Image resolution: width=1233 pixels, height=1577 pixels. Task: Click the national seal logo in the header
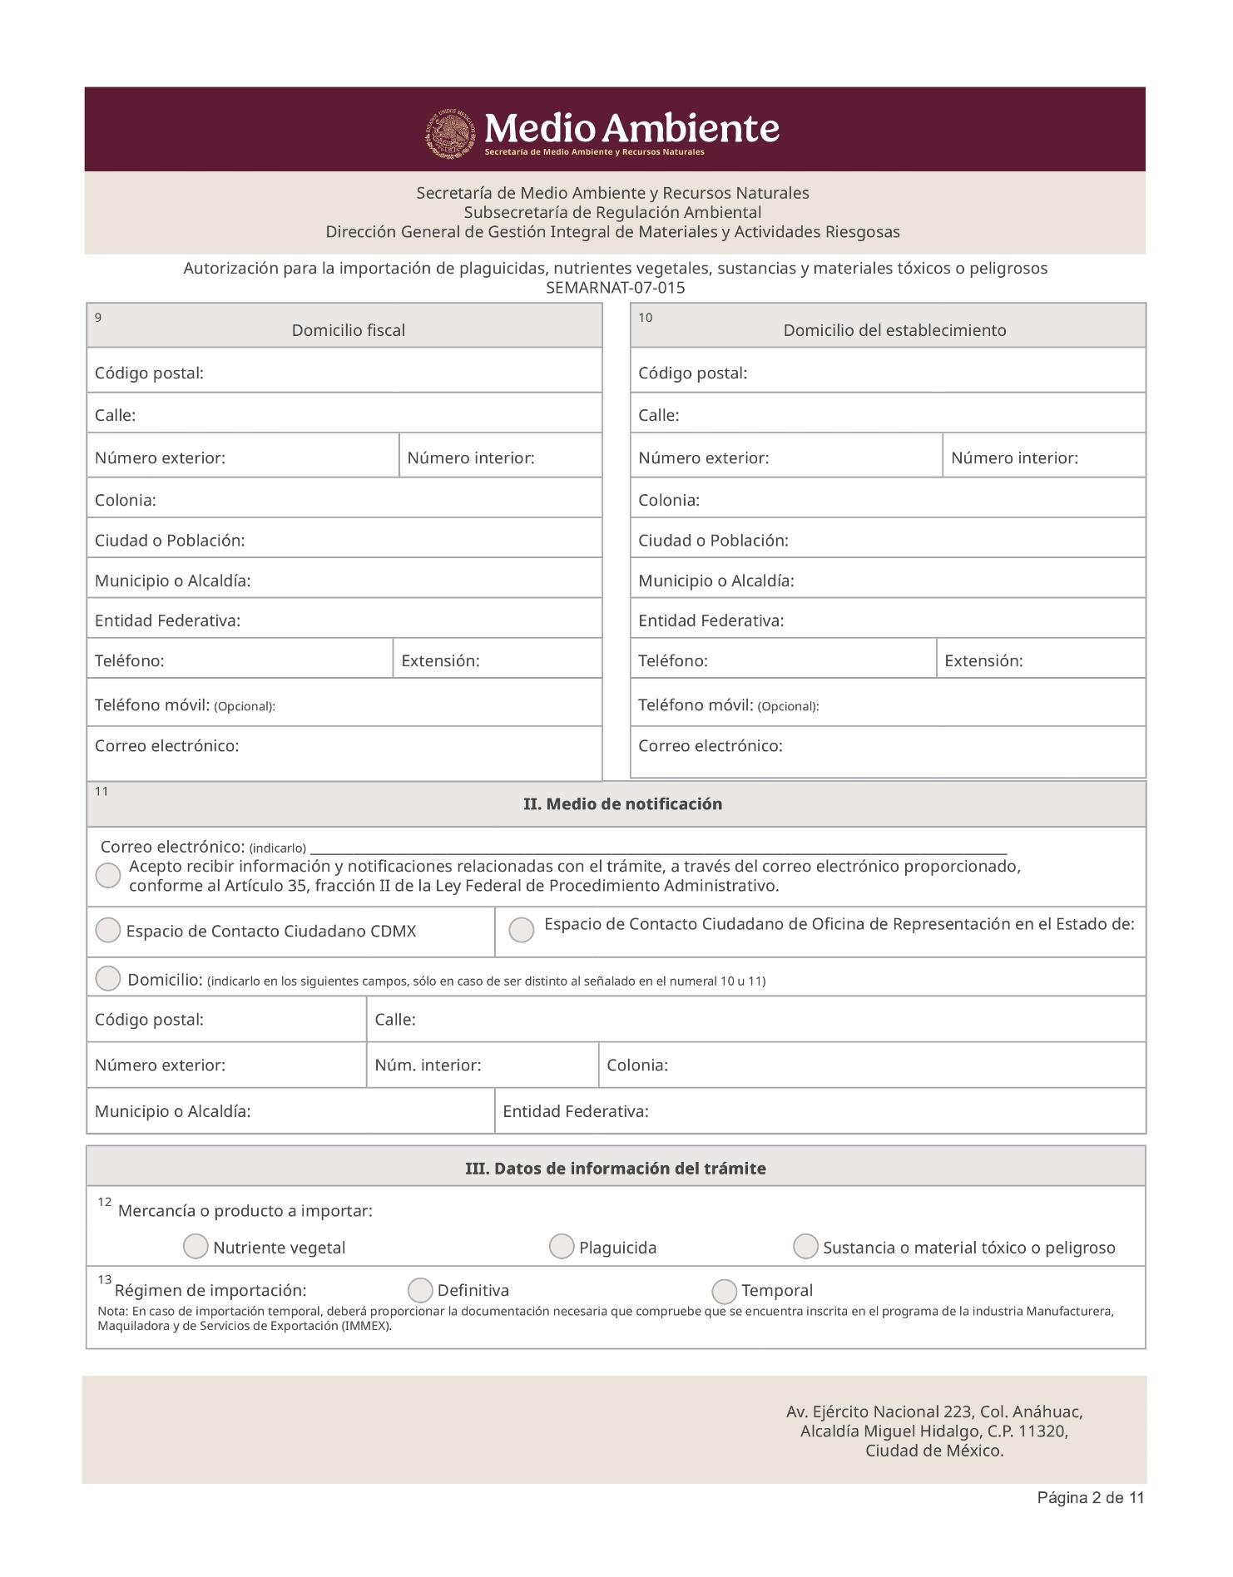coord(453,133)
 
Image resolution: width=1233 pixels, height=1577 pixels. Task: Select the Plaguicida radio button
coord(562,1246)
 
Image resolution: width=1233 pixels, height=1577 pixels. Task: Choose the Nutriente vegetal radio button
coord(196,1246)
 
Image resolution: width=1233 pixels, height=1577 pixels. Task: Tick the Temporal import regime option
coord(725,1291)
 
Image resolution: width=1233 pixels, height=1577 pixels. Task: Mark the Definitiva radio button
coord(420,1290)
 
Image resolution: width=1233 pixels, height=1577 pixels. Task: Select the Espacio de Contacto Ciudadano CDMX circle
coord(108,930)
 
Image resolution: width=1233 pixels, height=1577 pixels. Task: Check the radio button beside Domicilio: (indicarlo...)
coord(108,978)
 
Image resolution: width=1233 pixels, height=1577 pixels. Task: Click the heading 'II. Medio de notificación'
coord(622,804)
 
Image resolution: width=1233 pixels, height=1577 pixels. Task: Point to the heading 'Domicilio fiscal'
coord(348,330)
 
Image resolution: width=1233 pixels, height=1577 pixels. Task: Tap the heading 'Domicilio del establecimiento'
coord(894,330)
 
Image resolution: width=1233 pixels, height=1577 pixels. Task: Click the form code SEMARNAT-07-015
coord(615,288)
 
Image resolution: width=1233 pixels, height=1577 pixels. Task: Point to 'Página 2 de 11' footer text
coord(1090,1498)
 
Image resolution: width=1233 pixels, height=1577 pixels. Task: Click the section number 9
coord(98,318)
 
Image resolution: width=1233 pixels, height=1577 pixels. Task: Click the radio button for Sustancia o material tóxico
coord(805,1246)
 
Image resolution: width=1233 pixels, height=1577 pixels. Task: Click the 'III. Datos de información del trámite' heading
coord(615,1169)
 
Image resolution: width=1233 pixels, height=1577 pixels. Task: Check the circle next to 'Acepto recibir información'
coord(108,875)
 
